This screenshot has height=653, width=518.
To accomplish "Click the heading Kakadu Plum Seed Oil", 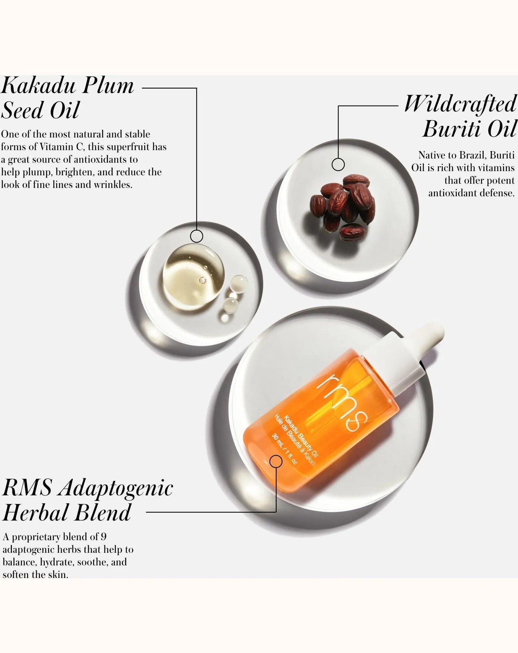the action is (68, 98).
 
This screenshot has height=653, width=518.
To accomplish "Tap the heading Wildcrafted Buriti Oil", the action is (461, 117).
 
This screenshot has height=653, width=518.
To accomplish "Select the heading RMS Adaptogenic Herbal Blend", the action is (87, 501).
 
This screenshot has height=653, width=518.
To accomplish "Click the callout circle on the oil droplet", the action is (196, 236).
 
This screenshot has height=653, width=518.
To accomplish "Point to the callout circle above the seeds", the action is (338, 164).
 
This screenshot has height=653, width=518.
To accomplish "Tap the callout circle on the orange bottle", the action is (276, 462).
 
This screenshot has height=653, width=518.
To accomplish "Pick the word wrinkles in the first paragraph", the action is (113, 185).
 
